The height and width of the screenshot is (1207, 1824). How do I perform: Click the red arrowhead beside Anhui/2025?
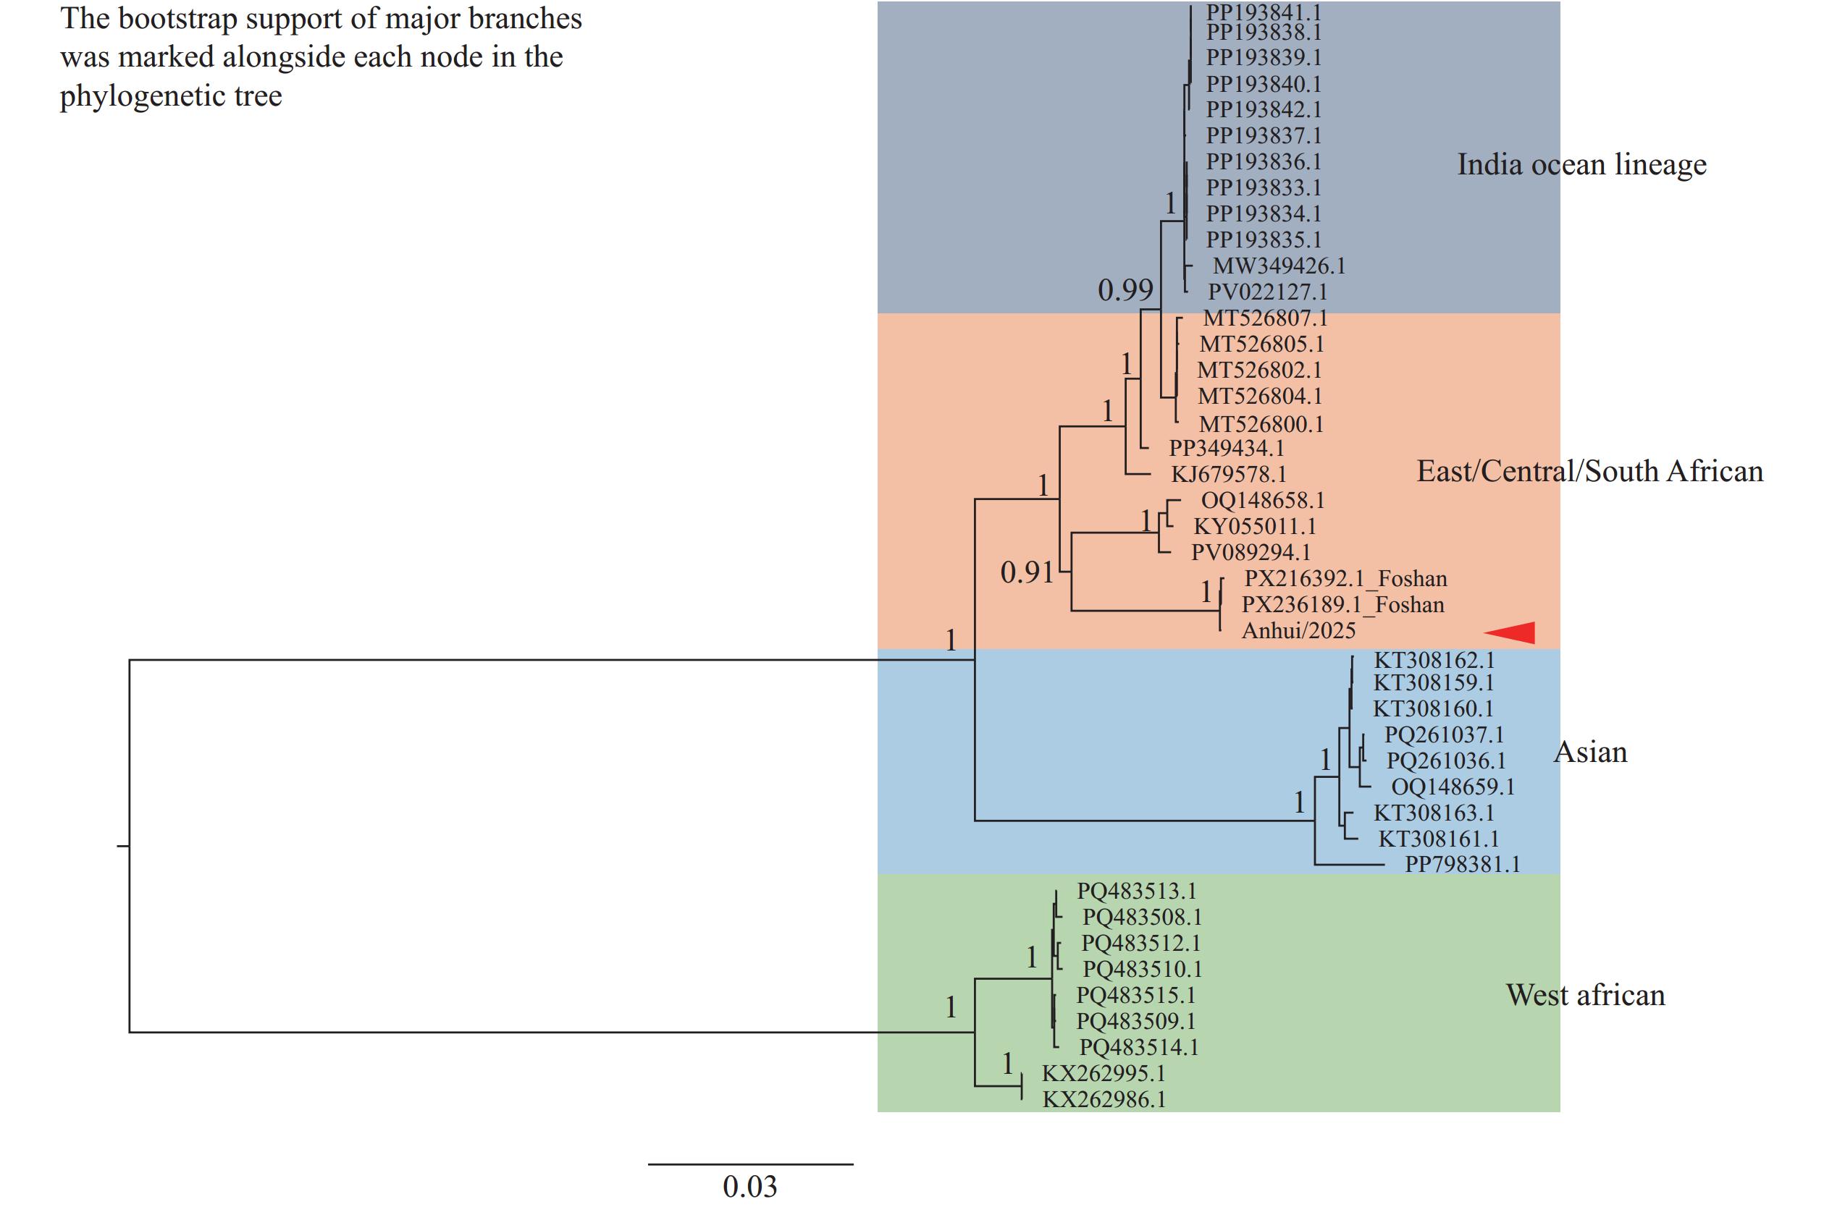click(x=1510, y=632)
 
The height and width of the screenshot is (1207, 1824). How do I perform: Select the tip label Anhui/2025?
click(x=1299, y=630)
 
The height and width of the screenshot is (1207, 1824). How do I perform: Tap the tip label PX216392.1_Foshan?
click(x=1345, y=578)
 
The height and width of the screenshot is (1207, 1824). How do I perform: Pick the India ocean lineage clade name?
click(x=1581, y=164)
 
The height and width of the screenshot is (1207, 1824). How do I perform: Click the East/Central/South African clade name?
click(x=1590, y=471)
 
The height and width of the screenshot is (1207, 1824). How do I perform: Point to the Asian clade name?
click(x=1591, y=752)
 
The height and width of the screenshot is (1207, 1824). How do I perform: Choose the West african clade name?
click(x=1585, y=994)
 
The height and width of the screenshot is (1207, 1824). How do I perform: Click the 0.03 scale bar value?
click(x=749, y=1186)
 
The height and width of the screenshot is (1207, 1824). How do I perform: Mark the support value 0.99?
click(x=1125, y=290)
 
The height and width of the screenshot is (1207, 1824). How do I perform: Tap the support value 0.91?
click(x=1027, y=572)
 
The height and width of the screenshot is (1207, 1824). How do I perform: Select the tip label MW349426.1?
click(x=1279, y=266)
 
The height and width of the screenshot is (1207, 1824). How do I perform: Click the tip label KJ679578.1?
click(x=1229, y=474)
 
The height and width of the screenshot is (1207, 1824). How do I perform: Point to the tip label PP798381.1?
click(x=1462, y=865)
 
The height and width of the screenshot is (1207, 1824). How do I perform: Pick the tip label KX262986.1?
click(x=1104, y=1099)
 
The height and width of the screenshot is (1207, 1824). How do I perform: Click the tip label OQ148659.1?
click(x=1453, y=787)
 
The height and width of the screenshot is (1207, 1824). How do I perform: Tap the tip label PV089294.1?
click(x=1250, y=552)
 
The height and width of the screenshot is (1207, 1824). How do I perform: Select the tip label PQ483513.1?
click(x=1136, y=892)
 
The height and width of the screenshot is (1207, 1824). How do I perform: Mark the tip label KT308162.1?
click(x=1434, y=660)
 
